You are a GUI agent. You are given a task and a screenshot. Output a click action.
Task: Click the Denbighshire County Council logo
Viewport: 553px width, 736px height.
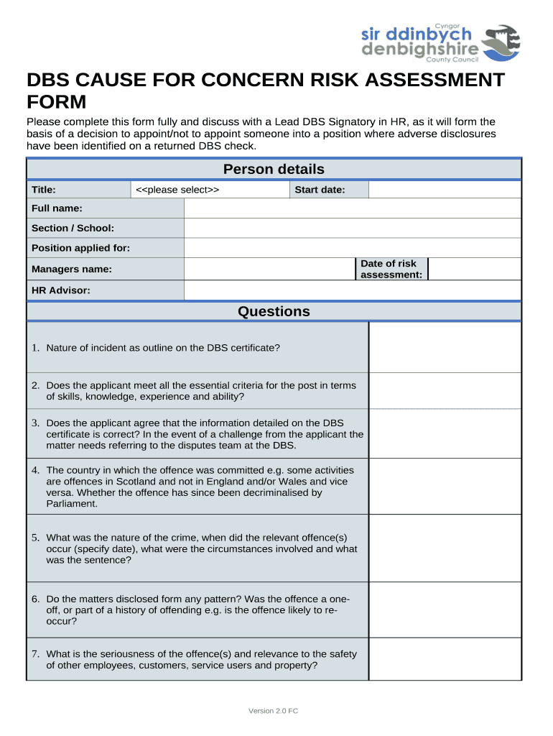(440, 43)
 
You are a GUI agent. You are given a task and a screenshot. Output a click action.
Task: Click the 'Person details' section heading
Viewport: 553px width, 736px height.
(274, 170)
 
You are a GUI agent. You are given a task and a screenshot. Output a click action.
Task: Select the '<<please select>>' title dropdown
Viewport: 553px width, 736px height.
(210, 190)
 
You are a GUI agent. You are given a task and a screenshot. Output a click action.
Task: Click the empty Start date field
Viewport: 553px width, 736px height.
(445, 190)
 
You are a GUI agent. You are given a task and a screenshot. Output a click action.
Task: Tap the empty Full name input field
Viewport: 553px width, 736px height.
(353, 208)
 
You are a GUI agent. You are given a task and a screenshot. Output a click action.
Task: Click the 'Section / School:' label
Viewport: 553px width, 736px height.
(73, 228)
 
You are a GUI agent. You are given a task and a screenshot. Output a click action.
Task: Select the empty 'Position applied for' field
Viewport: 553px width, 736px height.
(353, 248)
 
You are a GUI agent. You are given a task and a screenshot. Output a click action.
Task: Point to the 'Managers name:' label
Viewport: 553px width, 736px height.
(72, 269)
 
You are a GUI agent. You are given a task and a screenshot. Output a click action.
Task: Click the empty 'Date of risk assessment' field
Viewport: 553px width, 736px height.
(474, 269)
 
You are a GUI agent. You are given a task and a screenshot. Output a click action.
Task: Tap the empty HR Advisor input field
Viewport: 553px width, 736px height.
(353, 290)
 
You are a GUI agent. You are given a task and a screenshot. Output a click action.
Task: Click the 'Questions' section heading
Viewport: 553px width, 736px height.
(274, 311)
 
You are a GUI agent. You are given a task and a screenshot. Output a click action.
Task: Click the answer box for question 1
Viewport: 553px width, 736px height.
(445, 347)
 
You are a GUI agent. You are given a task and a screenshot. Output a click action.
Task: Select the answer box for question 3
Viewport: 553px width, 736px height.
(445, 433)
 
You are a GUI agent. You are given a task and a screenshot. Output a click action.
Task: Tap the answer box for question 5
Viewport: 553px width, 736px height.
(445, 548)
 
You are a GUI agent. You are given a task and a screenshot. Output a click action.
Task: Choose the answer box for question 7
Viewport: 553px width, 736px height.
(445, 659)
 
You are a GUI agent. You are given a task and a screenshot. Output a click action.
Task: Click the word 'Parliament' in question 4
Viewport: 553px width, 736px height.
(72, 504)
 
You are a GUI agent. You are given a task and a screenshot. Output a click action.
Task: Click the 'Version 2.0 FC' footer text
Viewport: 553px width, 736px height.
(273, 711)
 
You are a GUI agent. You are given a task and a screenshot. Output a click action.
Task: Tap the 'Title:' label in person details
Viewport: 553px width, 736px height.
(44, 190)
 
